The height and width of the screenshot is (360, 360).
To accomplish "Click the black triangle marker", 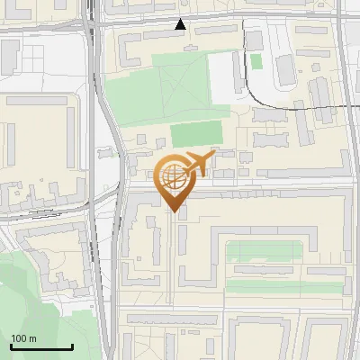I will [181, 25].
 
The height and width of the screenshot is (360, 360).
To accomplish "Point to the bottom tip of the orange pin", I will [173, 211].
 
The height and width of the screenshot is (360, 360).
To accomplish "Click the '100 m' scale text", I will [23, 338].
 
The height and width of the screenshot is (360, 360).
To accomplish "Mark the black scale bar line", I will [41, 347].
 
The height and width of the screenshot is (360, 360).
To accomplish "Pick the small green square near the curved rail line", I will [256, 61].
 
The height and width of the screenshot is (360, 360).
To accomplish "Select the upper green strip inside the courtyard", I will [266, 249].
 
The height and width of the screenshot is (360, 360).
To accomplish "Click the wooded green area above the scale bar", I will [36, 288].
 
